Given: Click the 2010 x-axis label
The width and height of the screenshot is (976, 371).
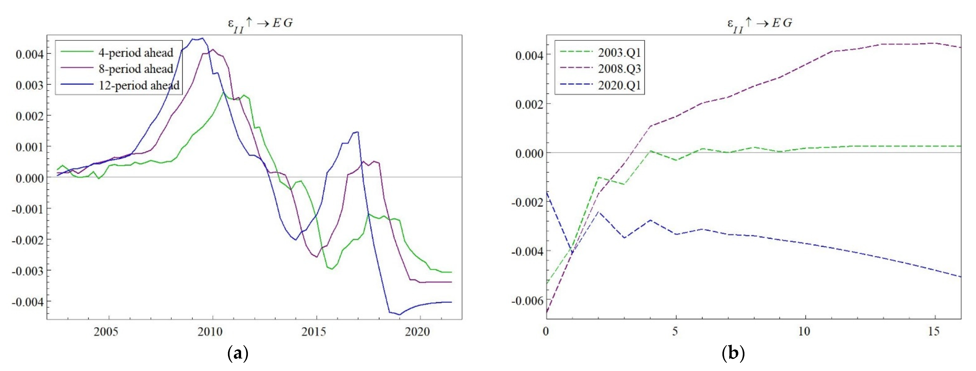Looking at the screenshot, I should tap(210, 332).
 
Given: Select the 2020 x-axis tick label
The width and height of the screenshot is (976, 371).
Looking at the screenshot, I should tap(417, 332).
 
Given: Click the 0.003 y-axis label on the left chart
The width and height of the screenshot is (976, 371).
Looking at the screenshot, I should tap(30, 85).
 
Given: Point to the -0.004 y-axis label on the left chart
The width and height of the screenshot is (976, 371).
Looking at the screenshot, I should tap(27, 302).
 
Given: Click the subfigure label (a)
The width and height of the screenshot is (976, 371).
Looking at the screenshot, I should tap(237, 354).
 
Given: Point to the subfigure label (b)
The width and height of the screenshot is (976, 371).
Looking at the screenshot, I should tap(733, 354).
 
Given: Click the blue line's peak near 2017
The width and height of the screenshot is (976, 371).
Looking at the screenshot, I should tap(357, 132).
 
